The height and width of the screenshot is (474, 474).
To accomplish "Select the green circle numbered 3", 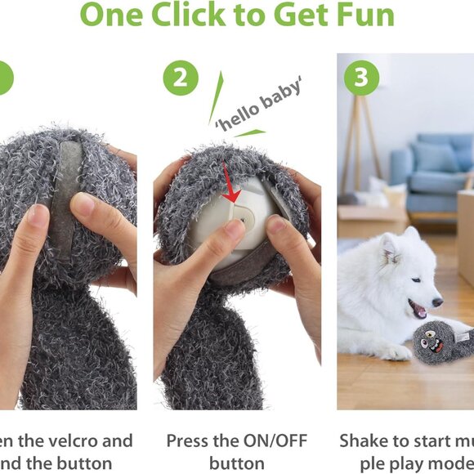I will click(360, 79).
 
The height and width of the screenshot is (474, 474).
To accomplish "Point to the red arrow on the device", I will click(231, 191).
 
